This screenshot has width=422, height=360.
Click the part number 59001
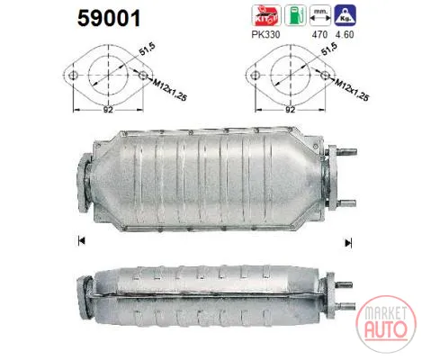pyautogui.click(x=109, y=18)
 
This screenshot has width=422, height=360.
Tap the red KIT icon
pyautogui.click(x=266, y=15)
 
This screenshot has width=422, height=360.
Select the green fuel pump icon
pyautogui.click(x=295, y=15)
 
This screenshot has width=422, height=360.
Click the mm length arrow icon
pyautogui.click(x=320, y=15)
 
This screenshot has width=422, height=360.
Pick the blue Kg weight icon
pyautogui.click(x=346, y=15)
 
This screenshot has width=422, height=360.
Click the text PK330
pyautogui.click(x=265, y=35)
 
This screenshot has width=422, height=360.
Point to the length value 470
pyautogui.click(x=319, y=35)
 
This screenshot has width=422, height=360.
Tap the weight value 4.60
pyautogui.click(x=345, y=35)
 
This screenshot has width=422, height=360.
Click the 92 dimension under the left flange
pyautogui.click(x=108, y=110)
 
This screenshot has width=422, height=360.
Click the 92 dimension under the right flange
pyautogui.click(x=290, y=110)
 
